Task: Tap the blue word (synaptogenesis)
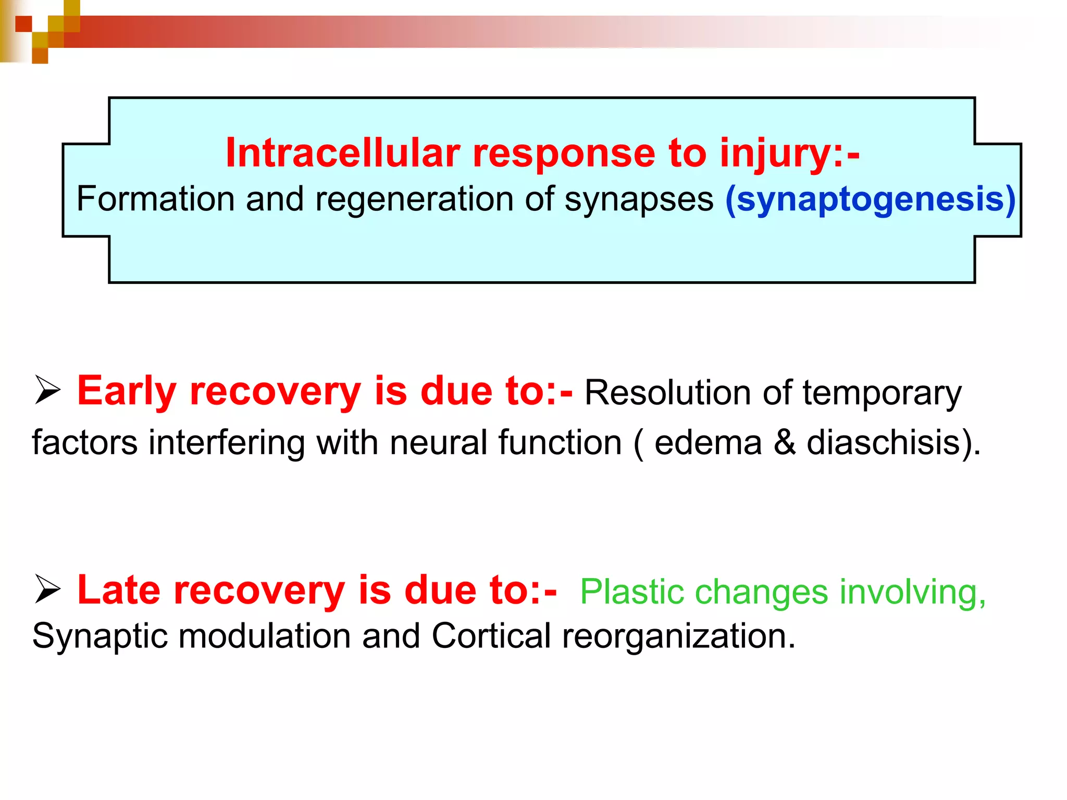pyautogui.click(x=870, y=199)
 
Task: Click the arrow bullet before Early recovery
pyautogui.click(x=48, y=391)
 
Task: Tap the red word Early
pyautogui.click(x=127, y=391)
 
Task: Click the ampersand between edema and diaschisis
pyautogui.click(x=785, y=443)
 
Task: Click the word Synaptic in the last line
pyautogui.click(x=100, y=636)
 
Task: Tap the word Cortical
pyautogui.click(x=491, y=636)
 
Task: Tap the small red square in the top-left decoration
pyautogui.click(x=23, y=23)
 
